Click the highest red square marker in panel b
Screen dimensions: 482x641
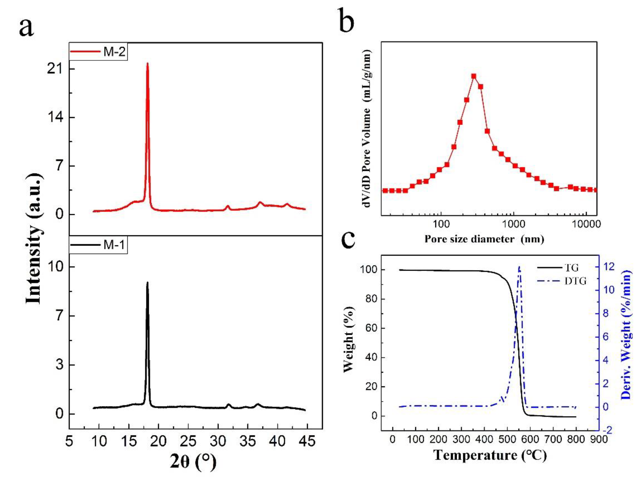(x=474, y=76)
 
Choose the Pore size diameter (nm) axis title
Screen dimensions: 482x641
(x=484, y=239)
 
